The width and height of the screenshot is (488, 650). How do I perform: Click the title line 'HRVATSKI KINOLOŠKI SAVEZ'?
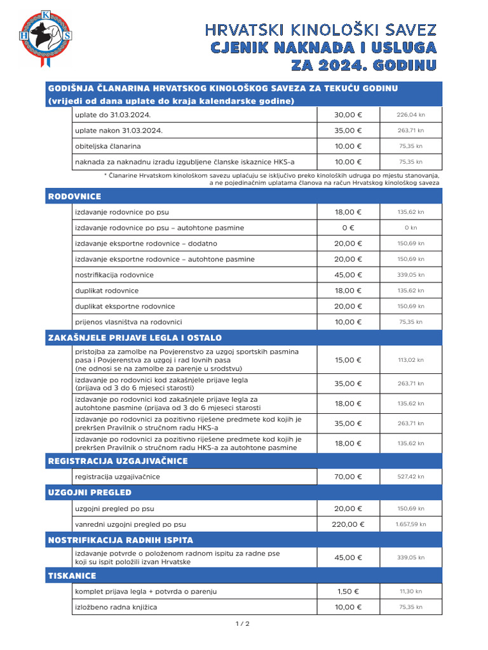320,29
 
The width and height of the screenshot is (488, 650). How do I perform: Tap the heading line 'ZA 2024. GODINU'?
363,65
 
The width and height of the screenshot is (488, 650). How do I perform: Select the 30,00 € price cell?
348,115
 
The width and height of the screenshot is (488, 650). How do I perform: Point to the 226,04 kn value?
410,115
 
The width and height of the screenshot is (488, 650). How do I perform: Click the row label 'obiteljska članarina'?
108,146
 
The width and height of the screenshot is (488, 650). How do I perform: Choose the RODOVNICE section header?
75,197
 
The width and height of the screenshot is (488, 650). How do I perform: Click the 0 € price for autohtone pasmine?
348,228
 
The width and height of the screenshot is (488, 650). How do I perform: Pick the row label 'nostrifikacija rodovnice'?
114,275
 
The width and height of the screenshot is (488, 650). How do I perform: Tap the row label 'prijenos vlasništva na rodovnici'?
128,322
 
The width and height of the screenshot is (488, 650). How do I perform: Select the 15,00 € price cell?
348,360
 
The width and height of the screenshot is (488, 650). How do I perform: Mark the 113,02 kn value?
410,360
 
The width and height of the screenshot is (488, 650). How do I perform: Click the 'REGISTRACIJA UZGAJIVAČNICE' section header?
118,461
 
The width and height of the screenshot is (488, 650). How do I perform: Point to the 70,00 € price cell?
348,477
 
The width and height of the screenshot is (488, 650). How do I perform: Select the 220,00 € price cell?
348,525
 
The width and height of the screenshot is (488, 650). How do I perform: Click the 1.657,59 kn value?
410,525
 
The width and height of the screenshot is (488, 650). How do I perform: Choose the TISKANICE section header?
72,576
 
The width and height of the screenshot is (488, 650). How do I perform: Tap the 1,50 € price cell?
348,592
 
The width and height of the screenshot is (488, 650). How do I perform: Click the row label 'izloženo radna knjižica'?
116,607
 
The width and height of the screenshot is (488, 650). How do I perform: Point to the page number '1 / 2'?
243,624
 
